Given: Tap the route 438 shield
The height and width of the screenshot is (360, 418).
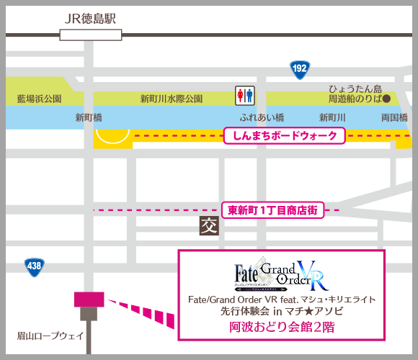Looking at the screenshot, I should pyautogui.click(x=32, y=266).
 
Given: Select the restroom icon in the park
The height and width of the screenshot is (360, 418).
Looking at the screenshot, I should pyautogui.click(x=245, y=95).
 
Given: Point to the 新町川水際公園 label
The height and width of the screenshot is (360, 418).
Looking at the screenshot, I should pyautogui.click(x=172, y=99).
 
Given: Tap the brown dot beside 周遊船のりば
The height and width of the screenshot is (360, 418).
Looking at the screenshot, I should pyautogui.click(x=386, y=98).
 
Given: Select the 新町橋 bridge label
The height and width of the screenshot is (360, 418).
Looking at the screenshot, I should pyautogui.click(x=89, y=117).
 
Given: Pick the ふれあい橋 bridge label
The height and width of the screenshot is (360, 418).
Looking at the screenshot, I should pyautogui.click(x=262, y=117).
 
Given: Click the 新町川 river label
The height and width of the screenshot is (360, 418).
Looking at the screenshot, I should pyautogui.click(x=333, y=117).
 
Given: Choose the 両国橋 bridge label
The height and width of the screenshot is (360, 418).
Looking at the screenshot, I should pyautogui.click(x=393, y=117).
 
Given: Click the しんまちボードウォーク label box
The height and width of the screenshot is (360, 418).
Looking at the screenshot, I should pyautogui.click(x=285, y=135).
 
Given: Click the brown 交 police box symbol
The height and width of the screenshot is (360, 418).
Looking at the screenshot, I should pyautogui.click(x=208, y=227).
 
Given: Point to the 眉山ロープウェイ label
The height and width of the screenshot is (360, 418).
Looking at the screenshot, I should pyautogui.click(x=50, y=336).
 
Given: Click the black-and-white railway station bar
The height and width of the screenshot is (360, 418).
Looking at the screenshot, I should pyautogui.click(x=91, y=33).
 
